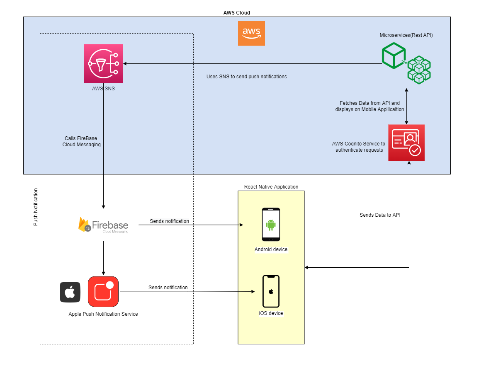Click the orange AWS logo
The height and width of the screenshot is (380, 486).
(251, 33)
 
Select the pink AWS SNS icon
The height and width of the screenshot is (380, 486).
(103, 63)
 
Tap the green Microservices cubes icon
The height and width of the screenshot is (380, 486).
(406, 63)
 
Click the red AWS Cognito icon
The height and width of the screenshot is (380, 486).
(406, 143)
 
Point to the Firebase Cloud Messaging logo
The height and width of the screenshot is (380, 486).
(103, 225)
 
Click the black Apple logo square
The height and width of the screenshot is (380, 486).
(70, 292)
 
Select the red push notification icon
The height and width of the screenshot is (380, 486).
(103, 291)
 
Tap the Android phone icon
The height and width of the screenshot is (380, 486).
(271, 224)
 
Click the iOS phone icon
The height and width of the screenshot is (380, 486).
(271, 291)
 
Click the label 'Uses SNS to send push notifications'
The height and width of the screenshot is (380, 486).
(247, 77)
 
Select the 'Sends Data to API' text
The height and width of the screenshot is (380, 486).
(380, 215)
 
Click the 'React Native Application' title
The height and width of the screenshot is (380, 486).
(271, 187)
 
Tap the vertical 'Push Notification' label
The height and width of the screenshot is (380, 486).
(36, 207)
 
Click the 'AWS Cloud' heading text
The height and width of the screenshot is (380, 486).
(237, 13)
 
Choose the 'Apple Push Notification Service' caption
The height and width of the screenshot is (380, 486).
(103, 314)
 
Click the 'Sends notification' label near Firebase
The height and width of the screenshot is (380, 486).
(169, 221)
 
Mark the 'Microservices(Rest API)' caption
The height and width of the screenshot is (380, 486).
(406, 35)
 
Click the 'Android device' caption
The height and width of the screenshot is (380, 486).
(271, 249)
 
